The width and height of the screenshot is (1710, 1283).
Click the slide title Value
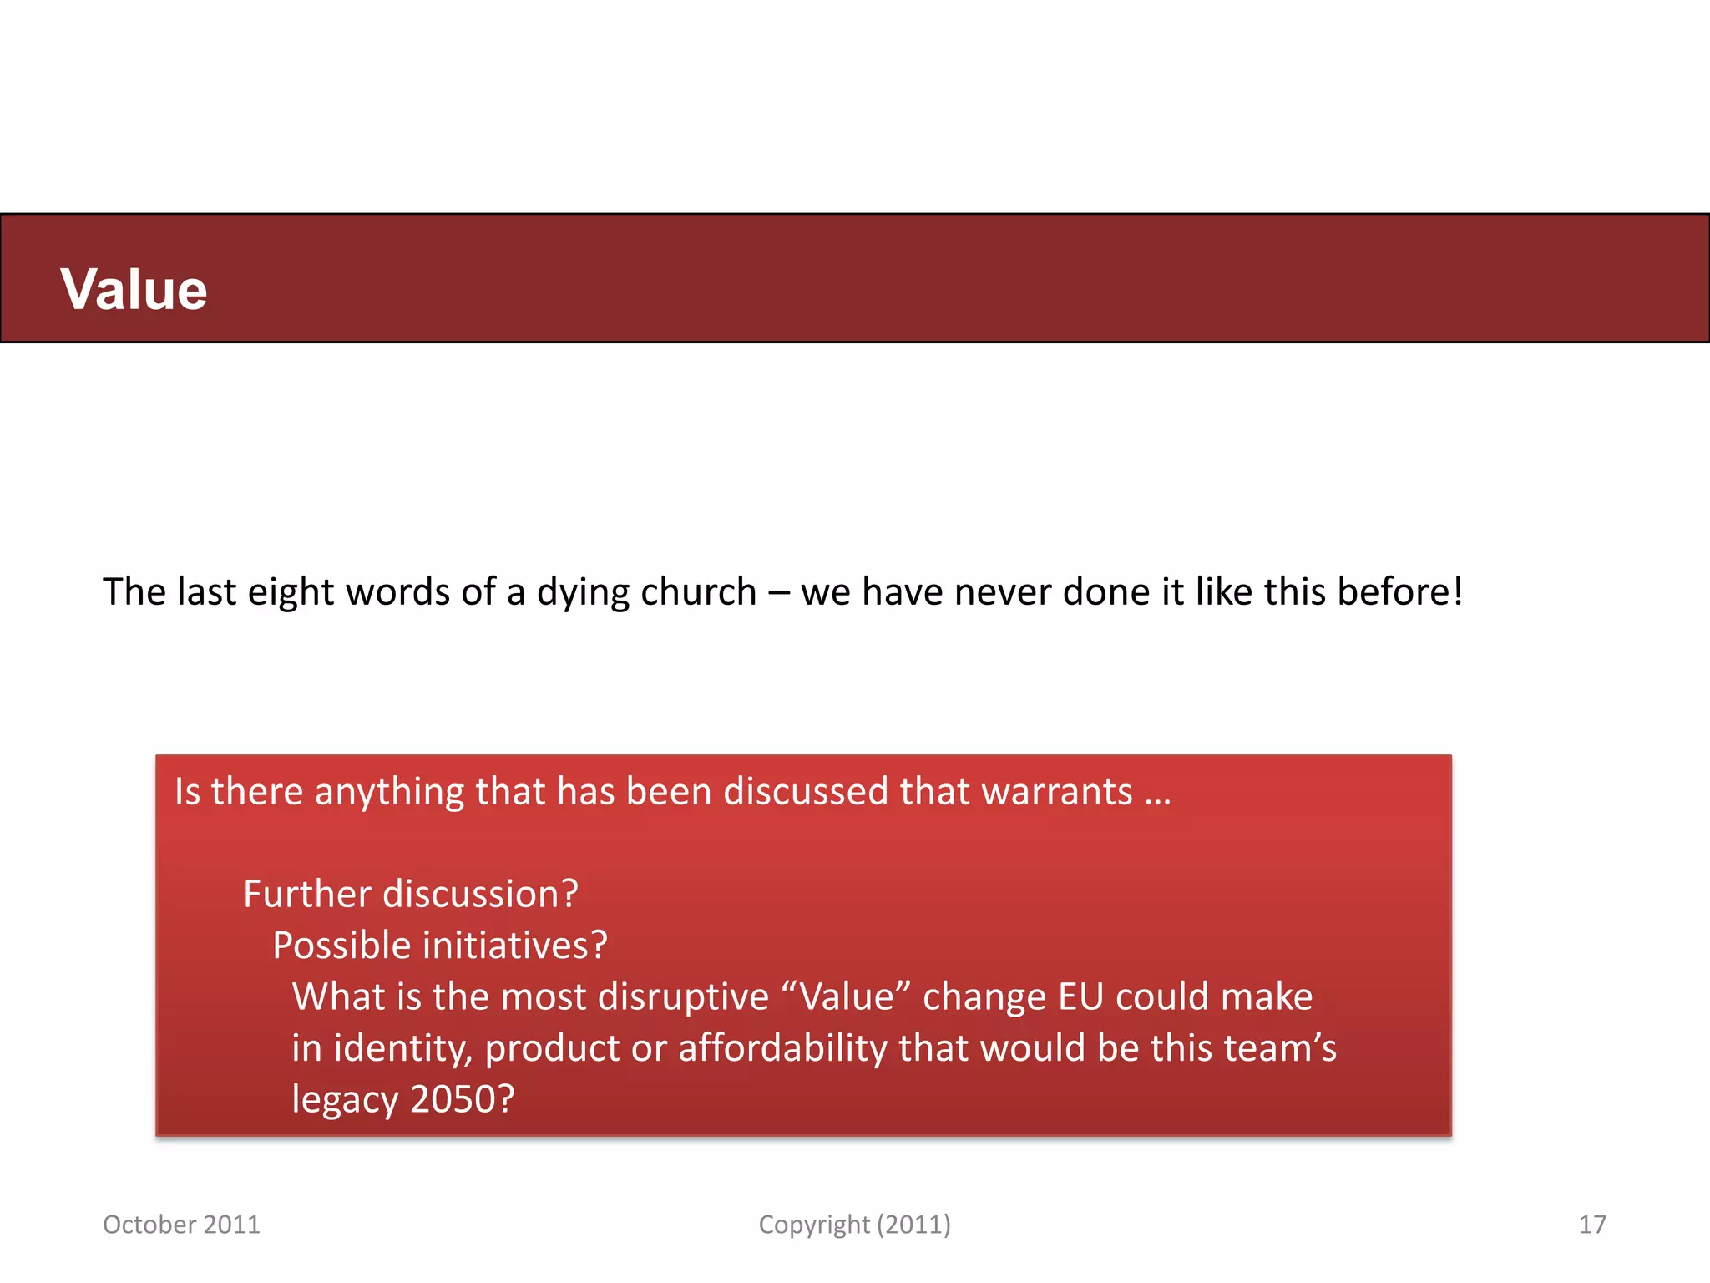click(134, 289)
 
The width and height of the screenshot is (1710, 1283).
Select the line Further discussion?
click(411, 894)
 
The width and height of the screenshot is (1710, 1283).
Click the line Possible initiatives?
click(440, 946)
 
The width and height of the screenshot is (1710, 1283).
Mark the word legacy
click(345, 1099)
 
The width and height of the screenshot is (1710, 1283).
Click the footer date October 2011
click(181, 1225)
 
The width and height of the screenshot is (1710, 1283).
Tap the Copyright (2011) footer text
click(854, 1225)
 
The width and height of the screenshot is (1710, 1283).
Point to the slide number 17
click(1591, 1225)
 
